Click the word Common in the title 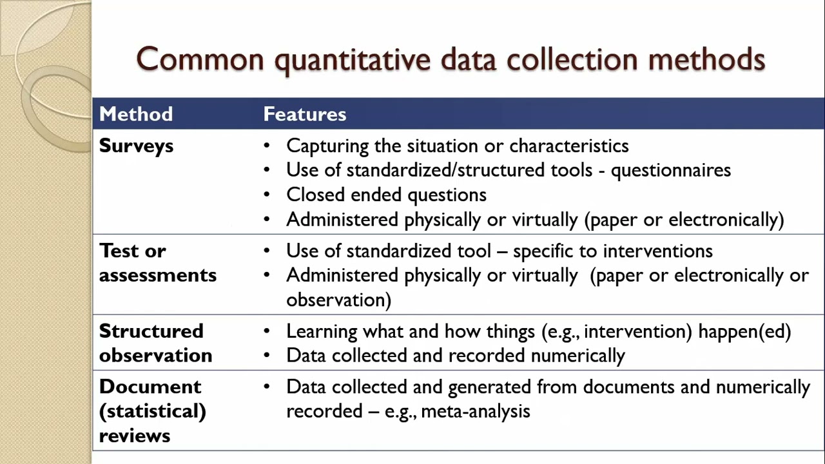pos(200,59)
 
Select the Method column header pos(136,114)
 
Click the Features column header pos(305,114)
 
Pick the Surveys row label pos(136,146)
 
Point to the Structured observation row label pos(155,343)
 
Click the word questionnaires pos(670,170)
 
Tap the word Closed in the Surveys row pos(312,195)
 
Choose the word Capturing pos(328,146)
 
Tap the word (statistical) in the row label pos(153,411)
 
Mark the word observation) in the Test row pos(338,300)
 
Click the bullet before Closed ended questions pos(267,195)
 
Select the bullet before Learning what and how pos(267,332)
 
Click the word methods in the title pos(706,59)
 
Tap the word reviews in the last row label pos(135,436)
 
